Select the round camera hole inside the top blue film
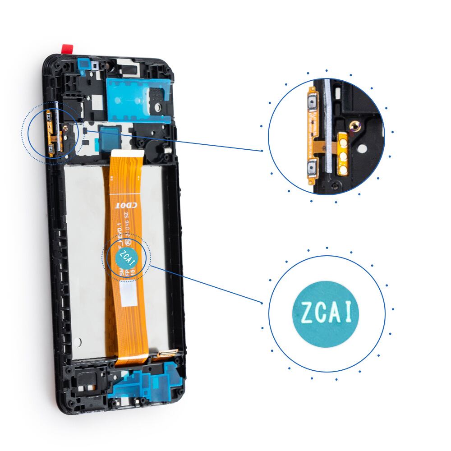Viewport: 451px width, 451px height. [x=159, y=106]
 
